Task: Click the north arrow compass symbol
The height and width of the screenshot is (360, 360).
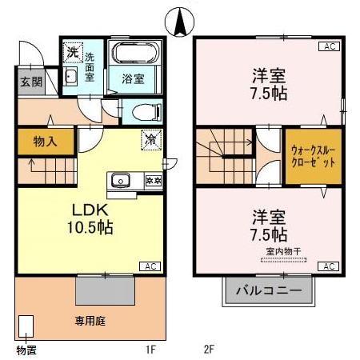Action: pos(182,18)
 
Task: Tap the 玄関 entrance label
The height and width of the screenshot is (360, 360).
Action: pos(26,82)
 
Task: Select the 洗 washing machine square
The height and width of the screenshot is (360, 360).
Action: pos(72,52)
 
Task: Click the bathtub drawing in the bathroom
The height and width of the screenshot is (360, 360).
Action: pos(135,55)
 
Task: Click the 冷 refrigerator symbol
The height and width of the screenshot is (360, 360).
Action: pos(150,138)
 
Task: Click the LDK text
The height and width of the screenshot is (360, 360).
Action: pos(90,210)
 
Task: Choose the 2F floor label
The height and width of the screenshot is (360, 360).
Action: pos(210,350)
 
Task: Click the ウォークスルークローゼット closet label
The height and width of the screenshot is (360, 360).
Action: pos(307,155)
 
